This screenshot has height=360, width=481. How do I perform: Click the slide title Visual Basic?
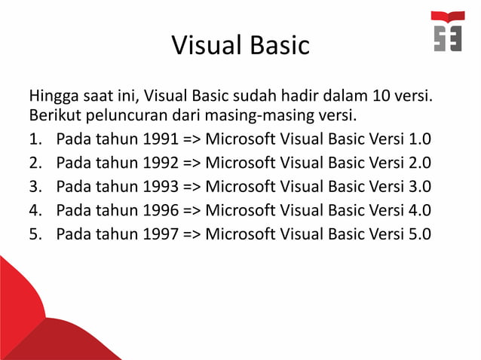pyautogui.click(x=240, y=45)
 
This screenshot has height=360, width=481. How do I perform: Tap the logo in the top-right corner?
pyautogui.click(x=448, y=32)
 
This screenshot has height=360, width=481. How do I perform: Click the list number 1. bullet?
pyautogui.click(x=35, y=140)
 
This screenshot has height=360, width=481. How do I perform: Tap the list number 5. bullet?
pyautogui.click(x=35, y=233)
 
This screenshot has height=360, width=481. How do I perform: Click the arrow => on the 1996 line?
pyautogui.click(x=191, y=209)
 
